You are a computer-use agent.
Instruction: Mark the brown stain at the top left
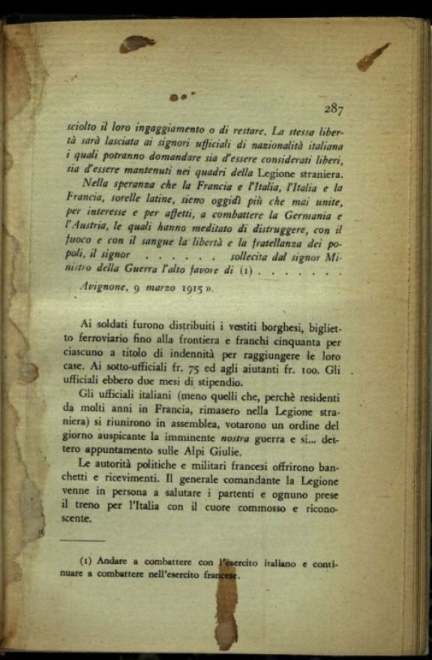[136, 44]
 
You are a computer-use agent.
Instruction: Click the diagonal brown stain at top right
[373, 57]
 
